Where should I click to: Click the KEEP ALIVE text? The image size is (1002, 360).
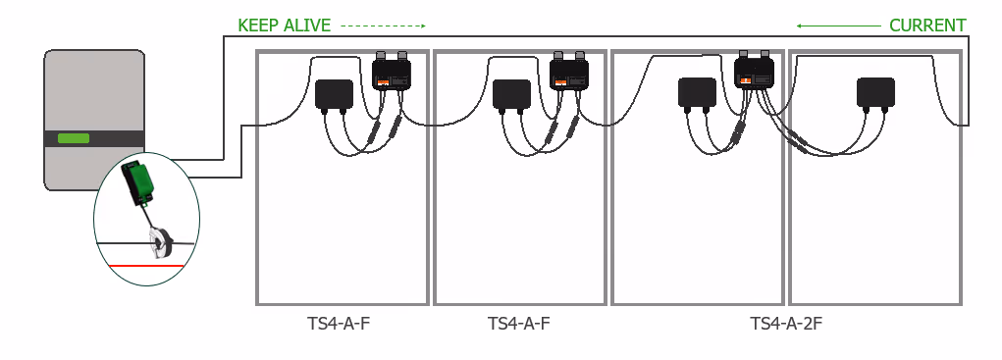[285, 26]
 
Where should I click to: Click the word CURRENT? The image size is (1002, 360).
[927, 26]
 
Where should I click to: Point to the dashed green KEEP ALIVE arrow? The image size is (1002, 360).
[384, 26]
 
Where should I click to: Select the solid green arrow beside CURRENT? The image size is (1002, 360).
[838, 26]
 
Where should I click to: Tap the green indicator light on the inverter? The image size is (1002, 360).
[74, 138]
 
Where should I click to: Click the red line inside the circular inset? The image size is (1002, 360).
[146, 266]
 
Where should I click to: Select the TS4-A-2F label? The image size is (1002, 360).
[786, 324]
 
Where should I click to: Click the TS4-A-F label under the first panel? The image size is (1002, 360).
[339, 324]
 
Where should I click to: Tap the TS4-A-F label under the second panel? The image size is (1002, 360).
[519, 324]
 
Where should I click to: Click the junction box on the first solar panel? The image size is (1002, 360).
[335, 95]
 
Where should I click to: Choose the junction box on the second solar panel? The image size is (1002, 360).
[512, 95]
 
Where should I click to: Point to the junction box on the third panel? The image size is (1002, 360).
[697, 94]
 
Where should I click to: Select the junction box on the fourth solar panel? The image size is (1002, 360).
[875, 94]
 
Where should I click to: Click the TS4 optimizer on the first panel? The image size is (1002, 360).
[392, 72]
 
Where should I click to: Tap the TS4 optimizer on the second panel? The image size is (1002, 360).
[569, 72]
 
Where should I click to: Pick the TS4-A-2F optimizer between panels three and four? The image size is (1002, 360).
[754, 71]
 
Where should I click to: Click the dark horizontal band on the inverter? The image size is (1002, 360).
[94, 139]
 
